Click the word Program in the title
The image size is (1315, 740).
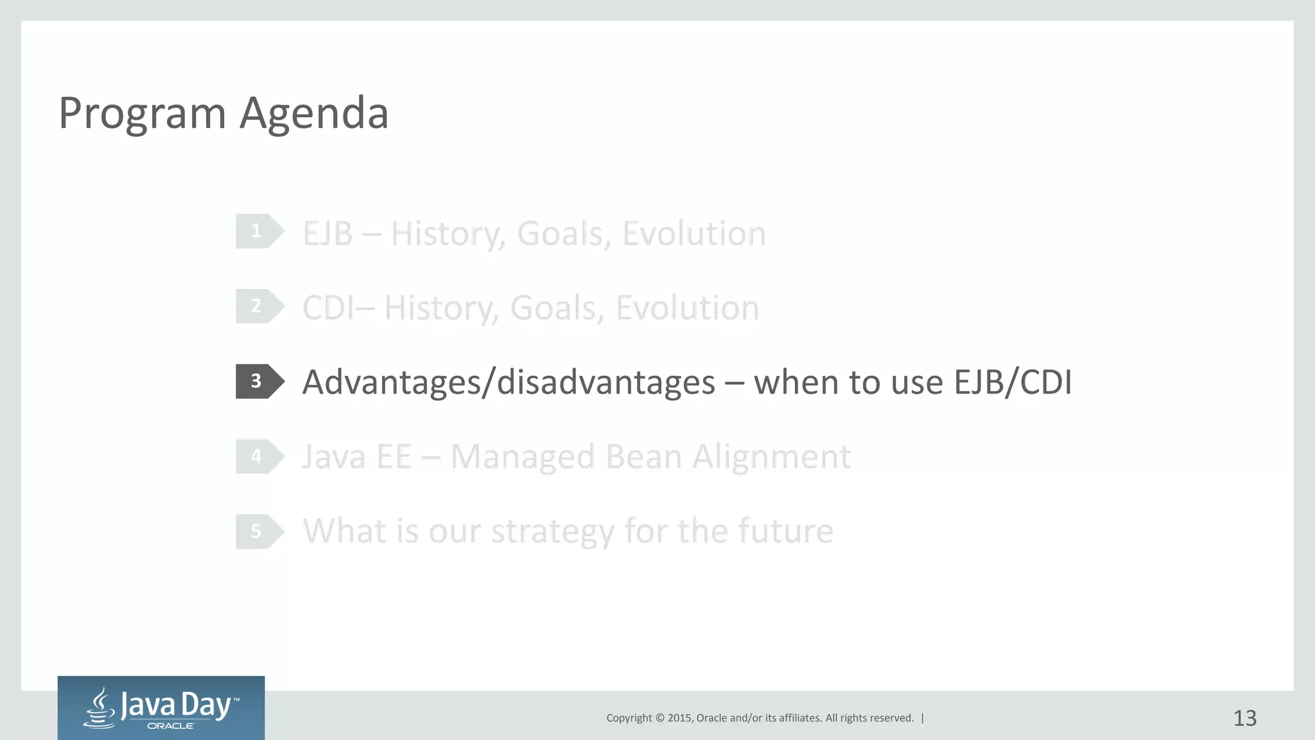coord(142,114)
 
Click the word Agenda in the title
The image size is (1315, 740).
coord(314,114)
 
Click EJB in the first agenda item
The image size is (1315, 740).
coord(327,233)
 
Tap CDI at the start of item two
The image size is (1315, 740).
coord(328,308)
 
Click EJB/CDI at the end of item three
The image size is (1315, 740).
coord(1013,383)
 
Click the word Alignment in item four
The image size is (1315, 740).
coord(771,457)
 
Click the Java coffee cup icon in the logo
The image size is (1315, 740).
coord(100,708)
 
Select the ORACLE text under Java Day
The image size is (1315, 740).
coord(170,726)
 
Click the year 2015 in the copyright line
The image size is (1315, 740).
coord(679,718)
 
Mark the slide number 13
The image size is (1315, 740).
coord(1244,718)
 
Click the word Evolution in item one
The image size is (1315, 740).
coord(693,233)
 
